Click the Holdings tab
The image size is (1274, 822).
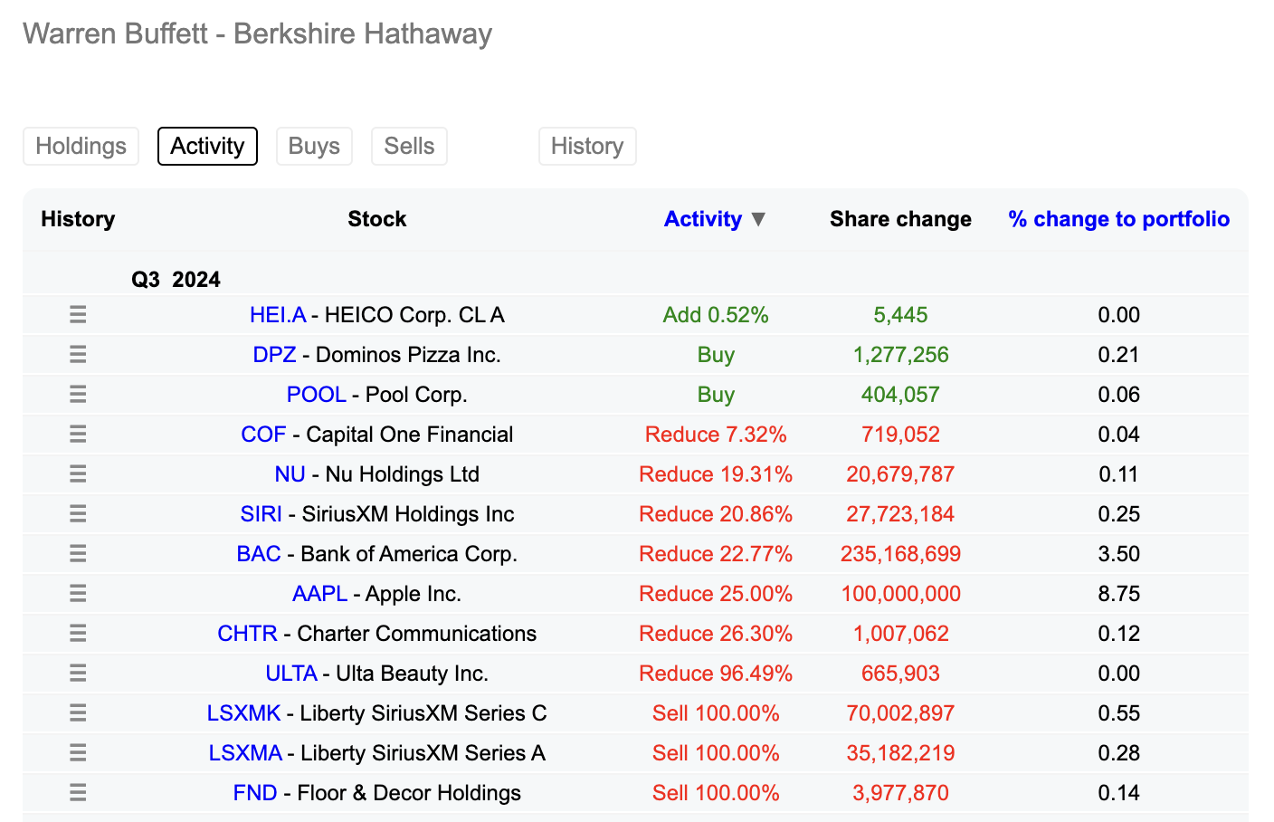coord(81,147)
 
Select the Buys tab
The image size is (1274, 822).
coord(314,147)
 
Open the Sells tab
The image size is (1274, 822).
coord(409,147)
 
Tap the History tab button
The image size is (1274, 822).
coord(587,147)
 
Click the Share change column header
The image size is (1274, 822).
coord(900,219)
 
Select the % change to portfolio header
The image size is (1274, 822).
coord(1118,219)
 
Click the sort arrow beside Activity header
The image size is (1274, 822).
coord(759,219)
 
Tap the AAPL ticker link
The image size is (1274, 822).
coord(319,594)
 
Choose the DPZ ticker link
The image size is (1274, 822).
coord(274,355)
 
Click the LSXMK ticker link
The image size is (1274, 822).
coord(243,713)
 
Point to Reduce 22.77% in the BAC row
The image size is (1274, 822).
coord(716,554)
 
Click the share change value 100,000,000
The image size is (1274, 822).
coord(900,594)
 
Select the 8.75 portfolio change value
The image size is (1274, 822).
coord(1118,594)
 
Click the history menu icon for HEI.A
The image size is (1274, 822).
coord(78,315)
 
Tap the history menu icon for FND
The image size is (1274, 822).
coord(78,793)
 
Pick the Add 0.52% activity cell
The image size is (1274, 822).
coord(716,315)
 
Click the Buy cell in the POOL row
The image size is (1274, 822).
coord(716,395)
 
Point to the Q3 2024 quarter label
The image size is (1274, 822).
coord(176,280)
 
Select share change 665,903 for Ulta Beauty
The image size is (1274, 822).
coord(900,674)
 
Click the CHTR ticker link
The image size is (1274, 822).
coord(247,634)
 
